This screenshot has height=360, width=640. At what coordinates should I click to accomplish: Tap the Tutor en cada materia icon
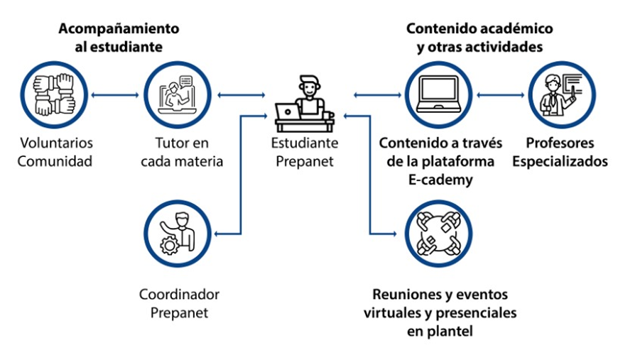tap(178, 94)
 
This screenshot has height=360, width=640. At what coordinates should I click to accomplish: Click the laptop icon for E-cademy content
tap(439, 94)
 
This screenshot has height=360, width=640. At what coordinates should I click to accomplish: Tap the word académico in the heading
tap(512, 29)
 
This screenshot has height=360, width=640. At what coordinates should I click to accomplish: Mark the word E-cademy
tap(440, 180)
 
